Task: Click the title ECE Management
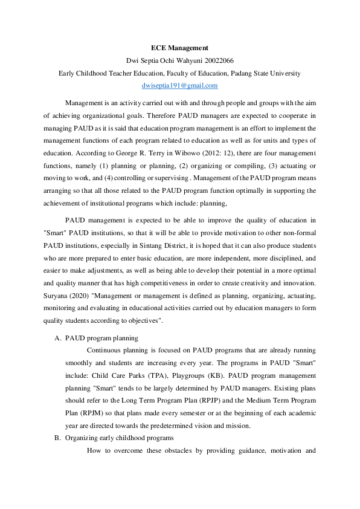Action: (x=179, y=47)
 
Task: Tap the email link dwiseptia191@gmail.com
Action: (x=179, y=86)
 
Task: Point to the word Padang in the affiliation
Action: (x=245, y=74)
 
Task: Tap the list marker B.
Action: (x=57, y=438)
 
